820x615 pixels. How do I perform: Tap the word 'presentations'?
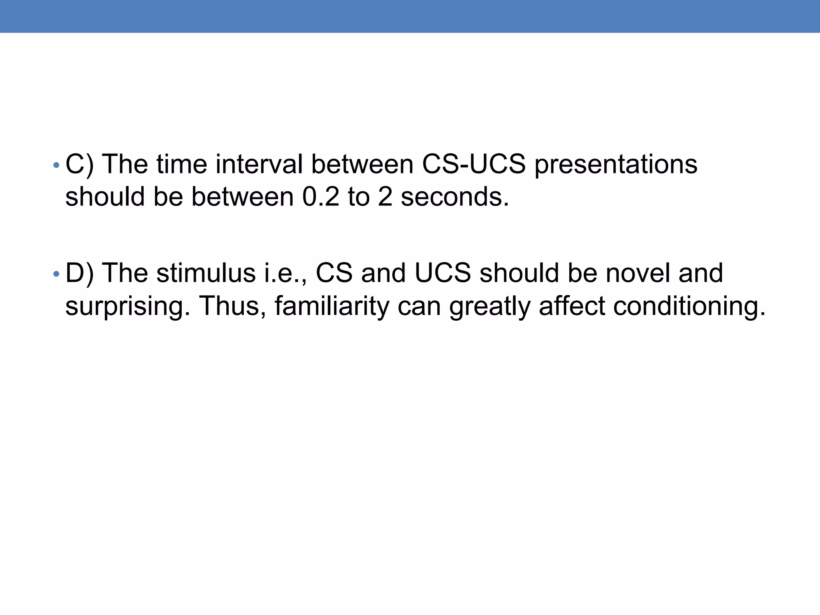[616, 165]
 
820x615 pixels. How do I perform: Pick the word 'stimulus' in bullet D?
[206, 273]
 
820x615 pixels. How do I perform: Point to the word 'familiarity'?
[332, 307]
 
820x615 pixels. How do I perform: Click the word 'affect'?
[572, 306]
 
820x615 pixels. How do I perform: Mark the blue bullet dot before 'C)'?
[56, 165]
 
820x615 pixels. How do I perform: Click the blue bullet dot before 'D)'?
[56, 274]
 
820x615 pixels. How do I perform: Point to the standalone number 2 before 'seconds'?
[385, 197]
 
